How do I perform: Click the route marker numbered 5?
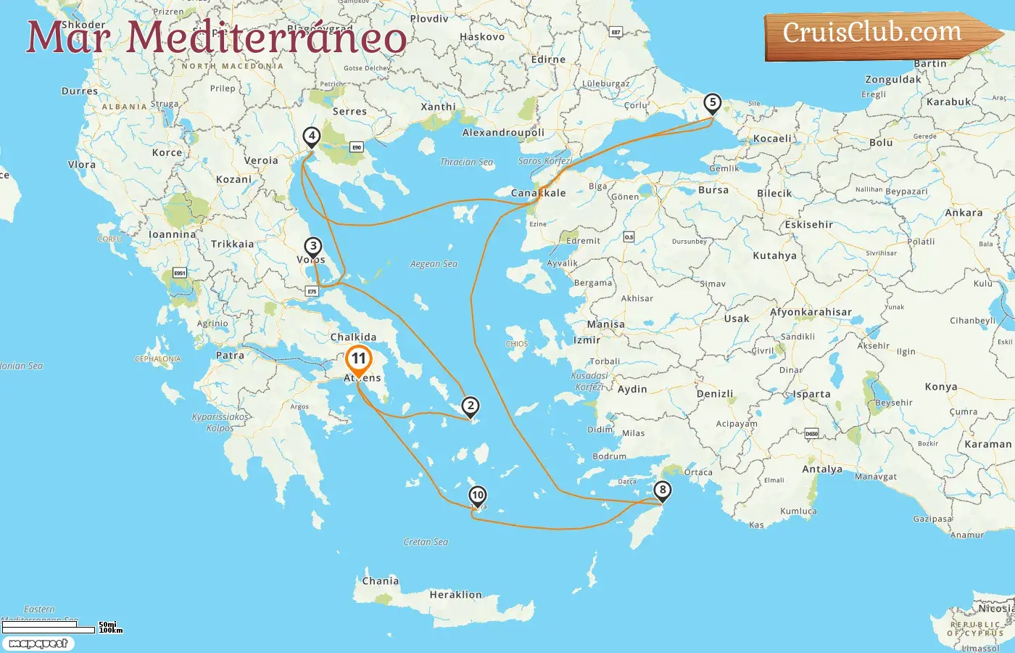tap(713, 103)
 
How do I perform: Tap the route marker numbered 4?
tap(311, 136)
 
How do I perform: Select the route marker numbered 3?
tap(312, 247)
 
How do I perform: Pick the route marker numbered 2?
tap(471, 406)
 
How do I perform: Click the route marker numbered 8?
tap(662, 490)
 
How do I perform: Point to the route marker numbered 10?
tap(477, 496)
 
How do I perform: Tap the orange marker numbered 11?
tap(359, 359)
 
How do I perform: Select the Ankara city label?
tap(964, 213)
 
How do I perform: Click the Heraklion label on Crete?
tap(455, 595)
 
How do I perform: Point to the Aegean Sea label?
tap(434, 264)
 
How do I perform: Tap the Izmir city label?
tap(587, 340)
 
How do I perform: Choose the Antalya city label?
tap(822, 469)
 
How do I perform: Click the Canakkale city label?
tap(538, 193)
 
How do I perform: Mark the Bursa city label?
tap(713, 190)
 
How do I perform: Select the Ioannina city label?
tap(172, 235)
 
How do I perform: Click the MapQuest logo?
tap(38, 644)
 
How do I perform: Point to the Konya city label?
tap(941, 387)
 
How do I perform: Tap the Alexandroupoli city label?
tap(503, 133)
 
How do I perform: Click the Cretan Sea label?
tap(426, 542)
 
